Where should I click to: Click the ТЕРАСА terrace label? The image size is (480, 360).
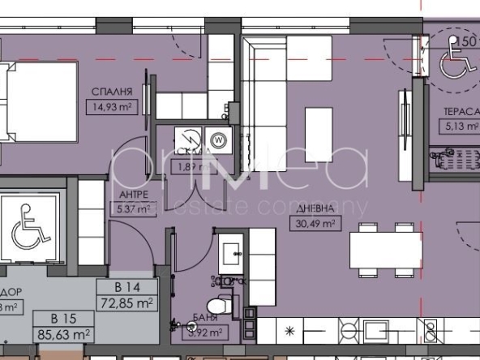(459, 113)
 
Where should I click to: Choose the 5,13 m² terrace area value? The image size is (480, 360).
(460, 126)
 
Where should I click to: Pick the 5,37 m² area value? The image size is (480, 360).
(132, 209)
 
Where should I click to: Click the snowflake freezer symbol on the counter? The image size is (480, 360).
(290, 332)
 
